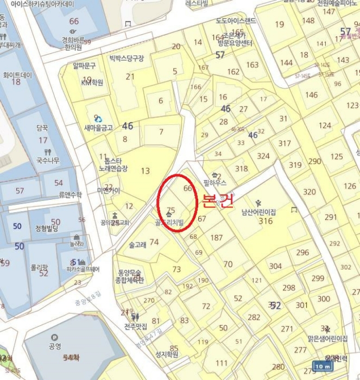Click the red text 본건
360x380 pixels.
click(x=217, y=201)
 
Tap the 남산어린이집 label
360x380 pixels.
click(x=259, y=212)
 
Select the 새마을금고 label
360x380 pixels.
click(x=98, y=128)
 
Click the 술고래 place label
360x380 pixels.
click(x=137, y=245)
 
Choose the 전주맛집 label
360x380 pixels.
click(x=136, y=327)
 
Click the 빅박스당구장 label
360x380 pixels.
click(x=127, y=58)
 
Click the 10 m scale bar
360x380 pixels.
click(x=323, y=366)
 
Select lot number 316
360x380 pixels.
click(x=266, y=221)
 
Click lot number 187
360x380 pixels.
click(x=216, y=238)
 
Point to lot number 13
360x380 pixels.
click(x=145, y=171)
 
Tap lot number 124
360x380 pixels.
click(x=325, y=125)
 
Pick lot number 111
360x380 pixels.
click(x=222, y=363)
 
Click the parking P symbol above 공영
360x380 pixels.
click(x=54, y=337)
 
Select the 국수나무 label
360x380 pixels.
click(x=48, y=160)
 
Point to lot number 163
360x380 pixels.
click(x=252, y=65)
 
